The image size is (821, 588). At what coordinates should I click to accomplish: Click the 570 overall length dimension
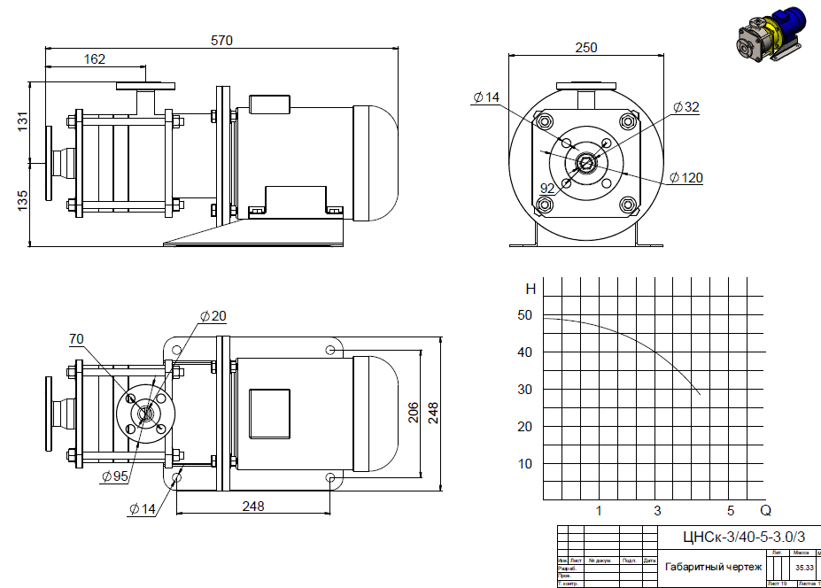(x=222, y=40)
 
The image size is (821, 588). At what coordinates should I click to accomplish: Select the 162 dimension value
(x=95, y=59)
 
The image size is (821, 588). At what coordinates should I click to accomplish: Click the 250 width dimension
(x=585, y=48)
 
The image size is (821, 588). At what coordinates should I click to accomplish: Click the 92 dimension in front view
(x=548, y=188)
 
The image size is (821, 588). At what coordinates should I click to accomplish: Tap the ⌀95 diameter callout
(x=115, y=476)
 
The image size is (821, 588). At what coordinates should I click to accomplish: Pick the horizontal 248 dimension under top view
(x=253, y=507)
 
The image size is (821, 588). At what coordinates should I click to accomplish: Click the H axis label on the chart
(x=531, y=289)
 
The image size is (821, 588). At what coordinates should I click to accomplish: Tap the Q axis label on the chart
(x=766, y=511)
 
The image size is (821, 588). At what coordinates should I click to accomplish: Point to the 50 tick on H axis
(x=525, y=314)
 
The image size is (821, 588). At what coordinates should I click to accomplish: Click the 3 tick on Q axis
(x=657, y=511)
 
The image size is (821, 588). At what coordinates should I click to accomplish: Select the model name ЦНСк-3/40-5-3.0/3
(x=743, y=537)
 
